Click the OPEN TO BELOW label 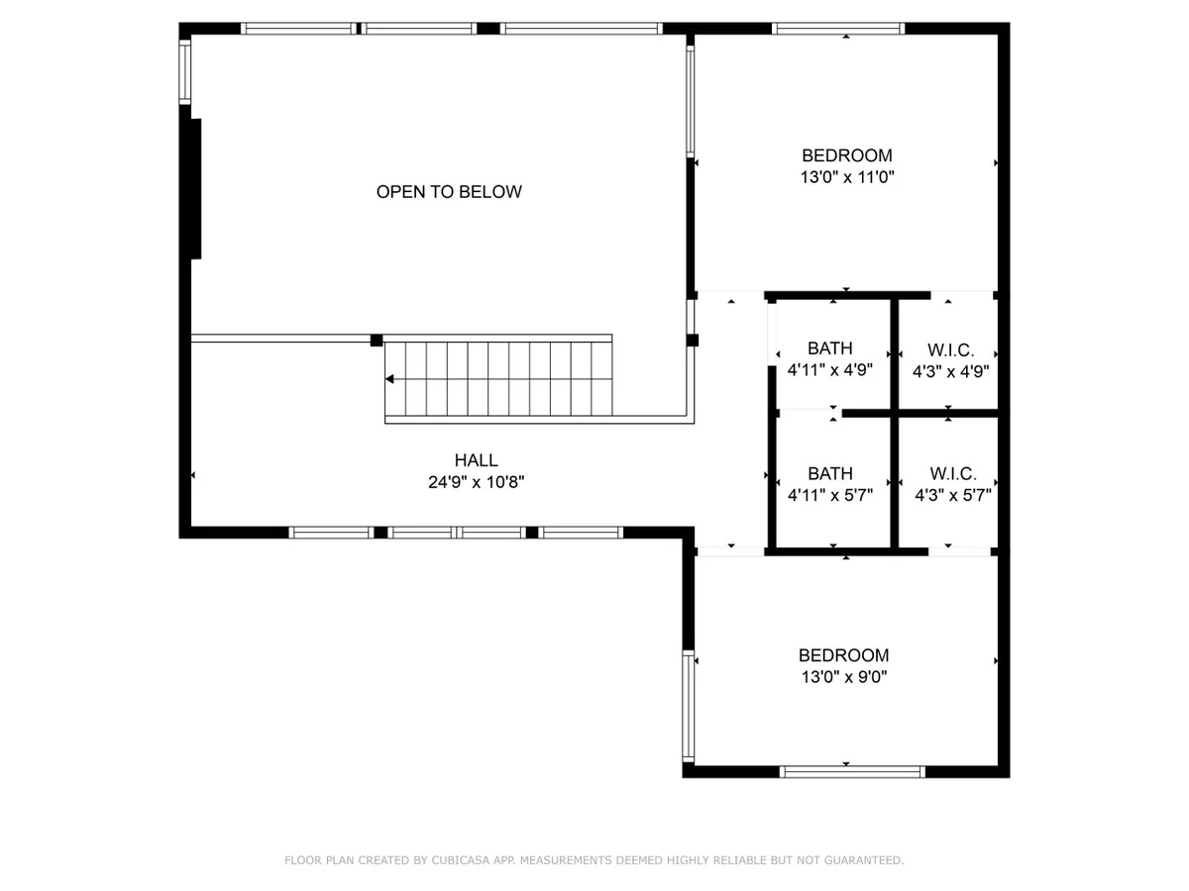pos(449,191)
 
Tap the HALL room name pos(476,459)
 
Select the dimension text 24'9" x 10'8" pos(476,481)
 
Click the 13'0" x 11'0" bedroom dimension pos(846,177)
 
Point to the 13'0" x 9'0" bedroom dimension pos(844,676)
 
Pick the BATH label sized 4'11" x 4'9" pos(830,347)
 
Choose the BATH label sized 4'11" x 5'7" pos(830,473)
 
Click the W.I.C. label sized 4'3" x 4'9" pos(950,350)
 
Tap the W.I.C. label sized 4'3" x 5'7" pos(953,473)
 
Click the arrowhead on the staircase pos(389,379)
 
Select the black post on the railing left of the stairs pos(376,341)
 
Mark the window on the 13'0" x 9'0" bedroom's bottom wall pos(852,771)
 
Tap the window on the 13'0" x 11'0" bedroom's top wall pos(838,29)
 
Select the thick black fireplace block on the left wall pos(195,189)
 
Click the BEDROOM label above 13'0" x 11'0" pos(846,155)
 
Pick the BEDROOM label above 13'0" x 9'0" pos(843,655)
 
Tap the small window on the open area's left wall pos(184,72)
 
